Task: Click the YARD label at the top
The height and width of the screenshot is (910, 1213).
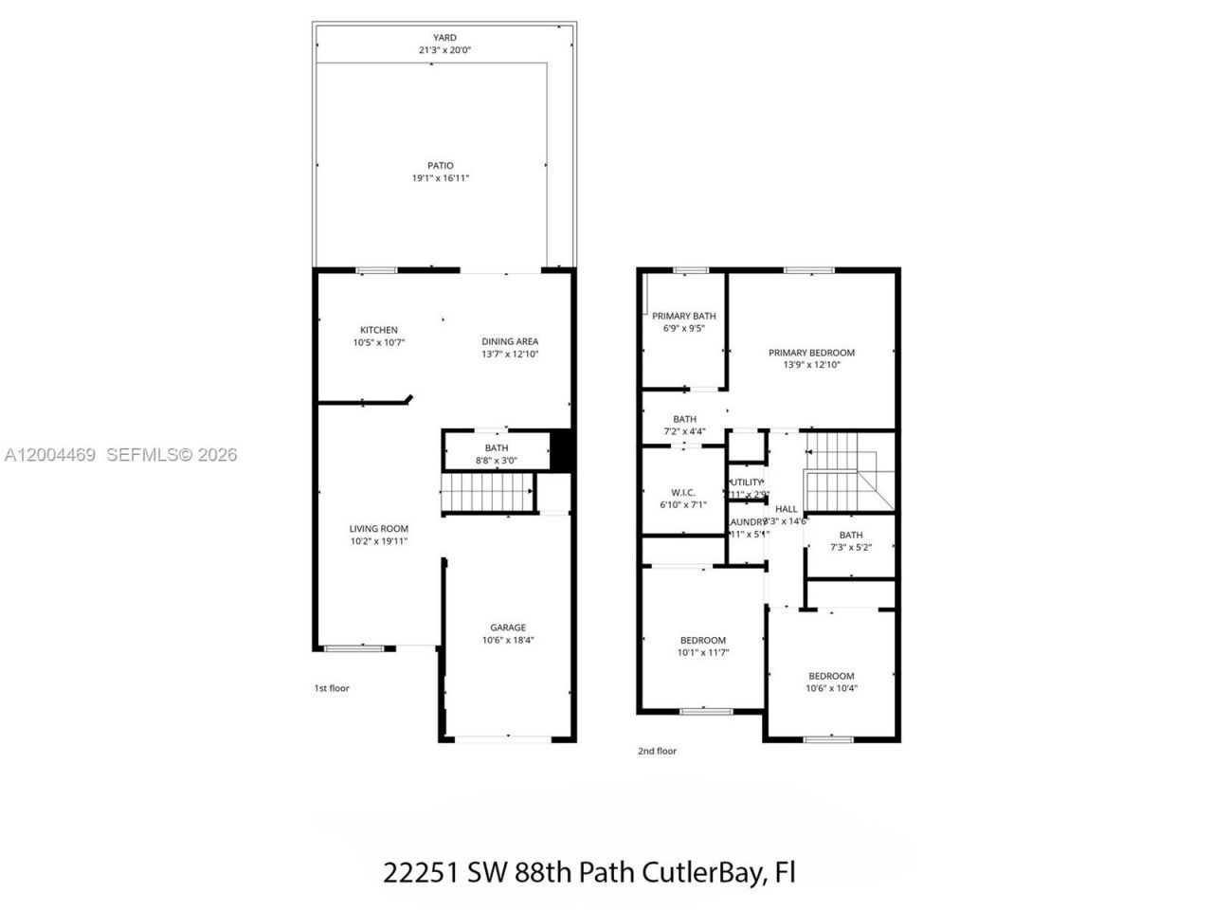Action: pos(444,38)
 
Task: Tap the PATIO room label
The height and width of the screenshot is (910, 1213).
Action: pos(440,166)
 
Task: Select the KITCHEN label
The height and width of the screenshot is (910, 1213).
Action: pos(378,330)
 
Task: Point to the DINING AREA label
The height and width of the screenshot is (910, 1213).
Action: pos(510,341)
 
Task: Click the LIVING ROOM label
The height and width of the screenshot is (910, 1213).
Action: pos(378,529)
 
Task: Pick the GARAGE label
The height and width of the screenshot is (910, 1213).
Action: pos(507,628)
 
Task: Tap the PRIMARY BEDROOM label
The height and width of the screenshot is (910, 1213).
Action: pos(811,353)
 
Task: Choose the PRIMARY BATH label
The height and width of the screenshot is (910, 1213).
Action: pos(683,317)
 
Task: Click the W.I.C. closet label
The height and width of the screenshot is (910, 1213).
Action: pos(683,493)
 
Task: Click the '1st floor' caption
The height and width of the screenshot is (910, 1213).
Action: pos(332,688)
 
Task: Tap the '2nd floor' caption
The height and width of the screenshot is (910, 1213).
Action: pos(657,751)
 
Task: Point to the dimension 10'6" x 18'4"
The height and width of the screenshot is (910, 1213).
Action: pos(507,640)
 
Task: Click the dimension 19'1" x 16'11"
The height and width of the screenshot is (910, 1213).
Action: pos(440,178)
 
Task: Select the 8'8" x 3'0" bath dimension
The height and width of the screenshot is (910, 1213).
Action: pos(496,461)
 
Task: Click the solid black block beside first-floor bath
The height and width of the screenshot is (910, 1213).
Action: pos(562,450)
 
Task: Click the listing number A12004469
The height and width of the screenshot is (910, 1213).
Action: pos(50,455)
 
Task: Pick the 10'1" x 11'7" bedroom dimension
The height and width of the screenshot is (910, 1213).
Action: pos(702,652)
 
